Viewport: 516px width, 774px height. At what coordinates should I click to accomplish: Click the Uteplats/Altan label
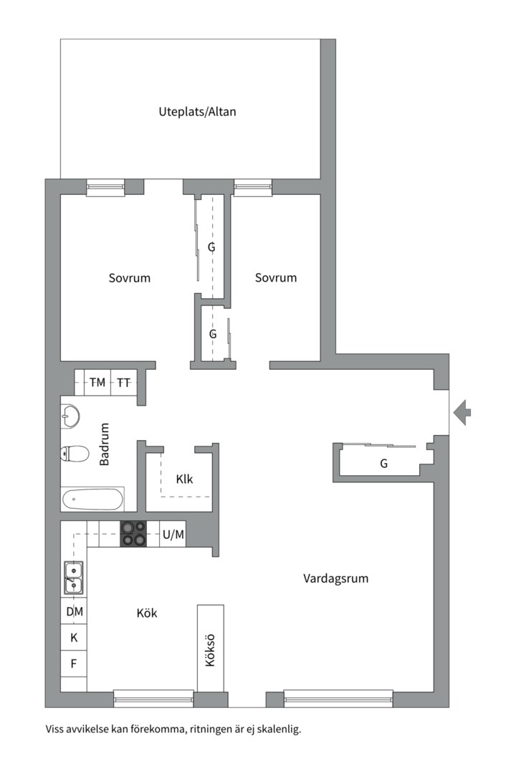197,112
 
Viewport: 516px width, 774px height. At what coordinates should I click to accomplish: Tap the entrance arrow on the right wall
462,413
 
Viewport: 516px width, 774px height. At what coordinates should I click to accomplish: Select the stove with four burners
134,534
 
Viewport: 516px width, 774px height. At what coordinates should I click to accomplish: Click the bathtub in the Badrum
92,500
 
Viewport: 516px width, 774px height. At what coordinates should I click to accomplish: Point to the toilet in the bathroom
75,453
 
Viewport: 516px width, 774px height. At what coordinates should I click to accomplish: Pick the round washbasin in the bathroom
70,416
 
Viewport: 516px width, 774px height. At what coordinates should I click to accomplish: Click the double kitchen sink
74,578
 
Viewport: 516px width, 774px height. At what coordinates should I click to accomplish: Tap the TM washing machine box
97,383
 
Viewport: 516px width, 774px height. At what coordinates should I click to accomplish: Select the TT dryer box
123,383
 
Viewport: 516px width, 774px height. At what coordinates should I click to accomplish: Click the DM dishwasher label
75,611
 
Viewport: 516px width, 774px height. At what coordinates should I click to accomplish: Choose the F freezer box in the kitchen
74,664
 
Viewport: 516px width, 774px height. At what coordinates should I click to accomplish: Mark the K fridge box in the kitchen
74,638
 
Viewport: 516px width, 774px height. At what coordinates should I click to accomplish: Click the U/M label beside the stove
173,535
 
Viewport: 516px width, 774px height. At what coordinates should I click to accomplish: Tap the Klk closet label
184,479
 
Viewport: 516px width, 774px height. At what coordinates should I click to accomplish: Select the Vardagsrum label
336,578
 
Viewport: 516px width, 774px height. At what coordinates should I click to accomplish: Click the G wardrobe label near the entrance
383,464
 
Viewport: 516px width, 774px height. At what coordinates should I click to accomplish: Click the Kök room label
147,613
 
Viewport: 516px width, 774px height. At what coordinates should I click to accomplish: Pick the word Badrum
104,444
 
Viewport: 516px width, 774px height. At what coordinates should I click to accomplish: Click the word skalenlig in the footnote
280,729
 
